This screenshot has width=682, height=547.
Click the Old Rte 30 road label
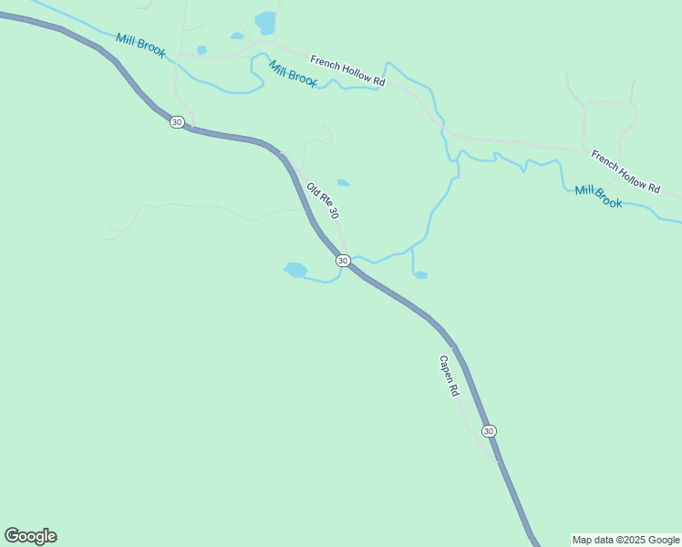point(323,201)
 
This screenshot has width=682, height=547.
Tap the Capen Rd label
point(449,375)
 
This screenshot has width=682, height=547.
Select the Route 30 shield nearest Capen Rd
point(489,430)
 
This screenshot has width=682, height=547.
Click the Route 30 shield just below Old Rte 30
point(343,261)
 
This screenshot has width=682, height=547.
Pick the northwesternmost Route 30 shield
point(177,122)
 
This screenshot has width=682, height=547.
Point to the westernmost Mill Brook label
point(140,46)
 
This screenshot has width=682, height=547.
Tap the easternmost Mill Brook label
point(598,196)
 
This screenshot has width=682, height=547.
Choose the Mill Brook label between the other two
point(293,73)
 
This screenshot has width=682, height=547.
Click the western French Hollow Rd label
point(347,71)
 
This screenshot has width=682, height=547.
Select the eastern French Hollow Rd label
point(625,171)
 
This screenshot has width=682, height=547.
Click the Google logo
point(30,536)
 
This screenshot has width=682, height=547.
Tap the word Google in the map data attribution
point(662,540)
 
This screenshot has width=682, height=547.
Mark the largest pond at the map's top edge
point(265,21)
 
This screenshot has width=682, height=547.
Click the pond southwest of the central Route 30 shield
point(295,270)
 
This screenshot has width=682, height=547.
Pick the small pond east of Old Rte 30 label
point(343,182)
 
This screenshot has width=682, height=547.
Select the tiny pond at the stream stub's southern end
point(420,274)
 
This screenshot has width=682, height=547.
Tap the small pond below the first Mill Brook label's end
point(201,50)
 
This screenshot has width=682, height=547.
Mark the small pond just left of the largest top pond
point(238,36)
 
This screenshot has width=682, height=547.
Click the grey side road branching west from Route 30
point(182,209)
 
